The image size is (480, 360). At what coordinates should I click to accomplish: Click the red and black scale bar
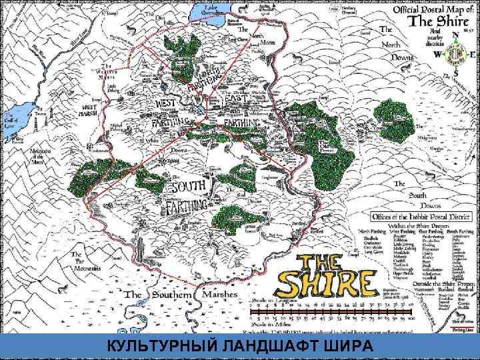(x=331, y=312)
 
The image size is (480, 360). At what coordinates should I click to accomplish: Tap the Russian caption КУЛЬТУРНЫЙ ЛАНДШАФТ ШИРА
(x=240, y=345)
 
